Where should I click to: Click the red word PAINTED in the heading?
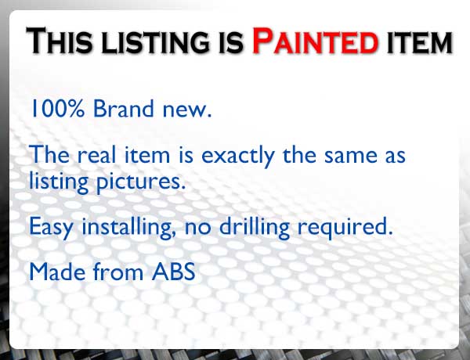pyautogui.click(x=316, y=41)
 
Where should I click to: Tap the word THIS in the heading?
pyautogui.click(x=59, y=41)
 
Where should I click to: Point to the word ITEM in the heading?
pyautogui.click(x=420, y=42)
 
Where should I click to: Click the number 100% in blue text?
pyautogui.click(x=57, y=108)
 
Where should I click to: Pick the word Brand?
pyautogui.click(x=124, y=108)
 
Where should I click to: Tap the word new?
pyautogui.click(x=187, y=111)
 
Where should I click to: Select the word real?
pyautogui.click(x=96, y=154)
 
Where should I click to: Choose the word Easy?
pyautogui.click(x=51, y=227)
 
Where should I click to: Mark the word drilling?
pyautogui.click(x=255, y=227)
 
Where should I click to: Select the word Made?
pyautogui.click(x=57, y=272)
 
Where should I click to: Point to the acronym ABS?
pyautogui.click(x=174, y=272)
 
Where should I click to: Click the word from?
pyautogui.click(x=118, y=271)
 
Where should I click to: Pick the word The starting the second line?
pyautogui.click(x=49, y=154)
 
